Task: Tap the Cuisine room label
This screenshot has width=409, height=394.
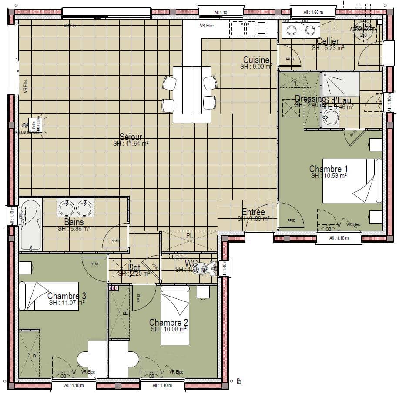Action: pos(256,60)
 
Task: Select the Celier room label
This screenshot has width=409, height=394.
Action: pos(328,42)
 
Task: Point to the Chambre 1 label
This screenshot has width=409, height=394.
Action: pos(329,169)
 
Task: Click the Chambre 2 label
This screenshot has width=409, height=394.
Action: pos(168,322)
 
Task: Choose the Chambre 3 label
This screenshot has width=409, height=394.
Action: pos(67,296)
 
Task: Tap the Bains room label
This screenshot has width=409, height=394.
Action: pos(74,222)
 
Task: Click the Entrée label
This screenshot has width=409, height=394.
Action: pos(253,213)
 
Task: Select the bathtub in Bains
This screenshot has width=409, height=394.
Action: pos(30,224)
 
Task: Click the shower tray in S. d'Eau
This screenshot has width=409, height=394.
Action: pos(341,84)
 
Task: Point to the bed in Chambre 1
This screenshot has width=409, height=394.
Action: pos(352,180)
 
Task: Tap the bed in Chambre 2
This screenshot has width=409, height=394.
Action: pos(175,315)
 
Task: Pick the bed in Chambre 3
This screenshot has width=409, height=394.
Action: pos(49,296)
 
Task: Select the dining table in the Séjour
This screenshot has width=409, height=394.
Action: pos(192,94)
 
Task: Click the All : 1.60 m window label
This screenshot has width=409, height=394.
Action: pos(313,12)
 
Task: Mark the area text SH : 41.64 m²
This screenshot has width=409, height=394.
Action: pos(131,144)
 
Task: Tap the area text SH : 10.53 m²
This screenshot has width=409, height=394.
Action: pos(329,176)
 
